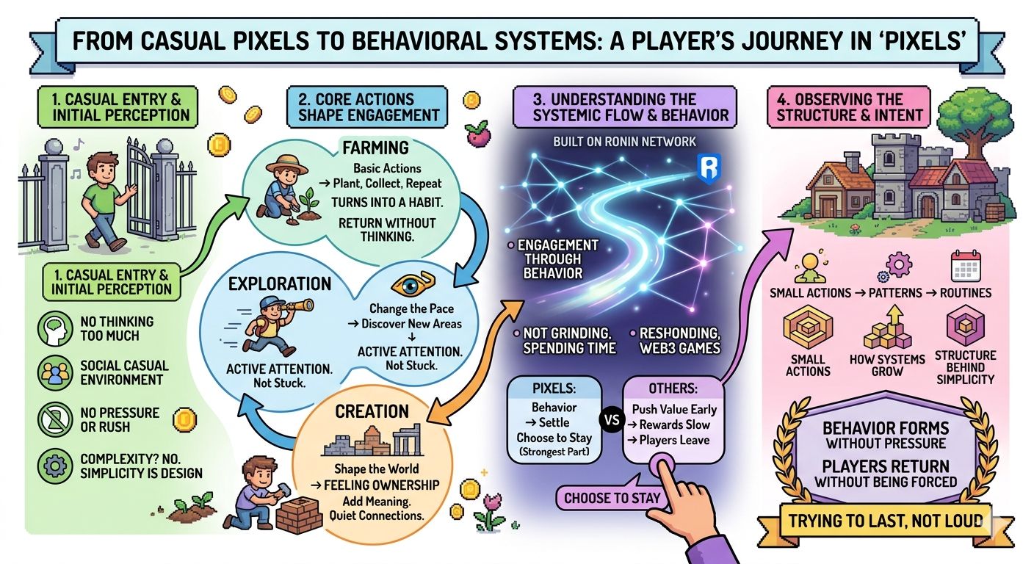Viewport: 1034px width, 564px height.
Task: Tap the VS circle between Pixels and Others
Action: [x=609, y=421]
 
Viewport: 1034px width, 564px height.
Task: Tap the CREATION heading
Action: [x=372, y=411]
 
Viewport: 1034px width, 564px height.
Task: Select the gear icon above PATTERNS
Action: [x=897, y=264]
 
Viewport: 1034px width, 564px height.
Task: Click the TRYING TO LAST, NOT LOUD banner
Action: [x=885, y=521]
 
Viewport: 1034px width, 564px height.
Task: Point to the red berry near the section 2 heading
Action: [x=476, y=133]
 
